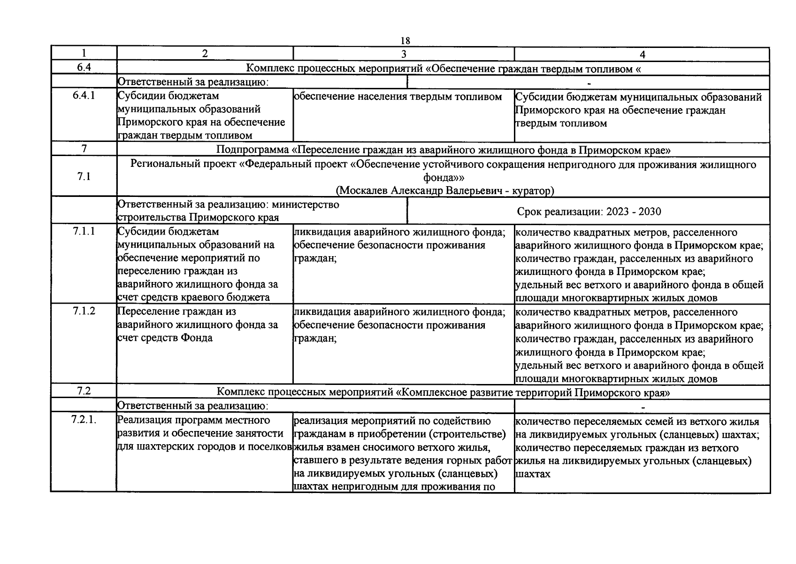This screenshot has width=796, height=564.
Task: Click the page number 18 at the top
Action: point(405,41)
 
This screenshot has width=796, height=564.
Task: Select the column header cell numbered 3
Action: point(404,54)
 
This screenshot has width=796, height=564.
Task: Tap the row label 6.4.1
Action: point(84,96)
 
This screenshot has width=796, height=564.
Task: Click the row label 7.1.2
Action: point(84,311)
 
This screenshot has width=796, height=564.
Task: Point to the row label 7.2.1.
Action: point(84,420)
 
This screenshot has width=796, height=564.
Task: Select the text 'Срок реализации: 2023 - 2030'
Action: point(589,211)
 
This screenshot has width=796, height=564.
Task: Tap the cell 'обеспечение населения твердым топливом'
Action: point(398,97)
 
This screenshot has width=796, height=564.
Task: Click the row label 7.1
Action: point(84,177)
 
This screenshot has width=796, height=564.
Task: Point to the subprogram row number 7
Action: point(84,149)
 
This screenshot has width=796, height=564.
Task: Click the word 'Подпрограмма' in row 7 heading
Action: point(252,150)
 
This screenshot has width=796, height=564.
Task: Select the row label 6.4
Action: point(84,67)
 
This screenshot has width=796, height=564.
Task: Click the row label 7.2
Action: point(84,391)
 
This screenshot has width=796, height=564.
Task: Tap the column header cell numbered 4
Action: point(642,54)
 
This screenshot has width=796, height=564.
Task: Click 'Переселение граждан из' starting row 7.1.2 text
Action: point(176,312)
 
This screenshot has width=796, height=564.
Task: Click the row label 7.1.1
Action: point(84,231)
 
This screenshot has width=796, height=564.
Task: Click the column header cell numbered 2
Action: point(205,54)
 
